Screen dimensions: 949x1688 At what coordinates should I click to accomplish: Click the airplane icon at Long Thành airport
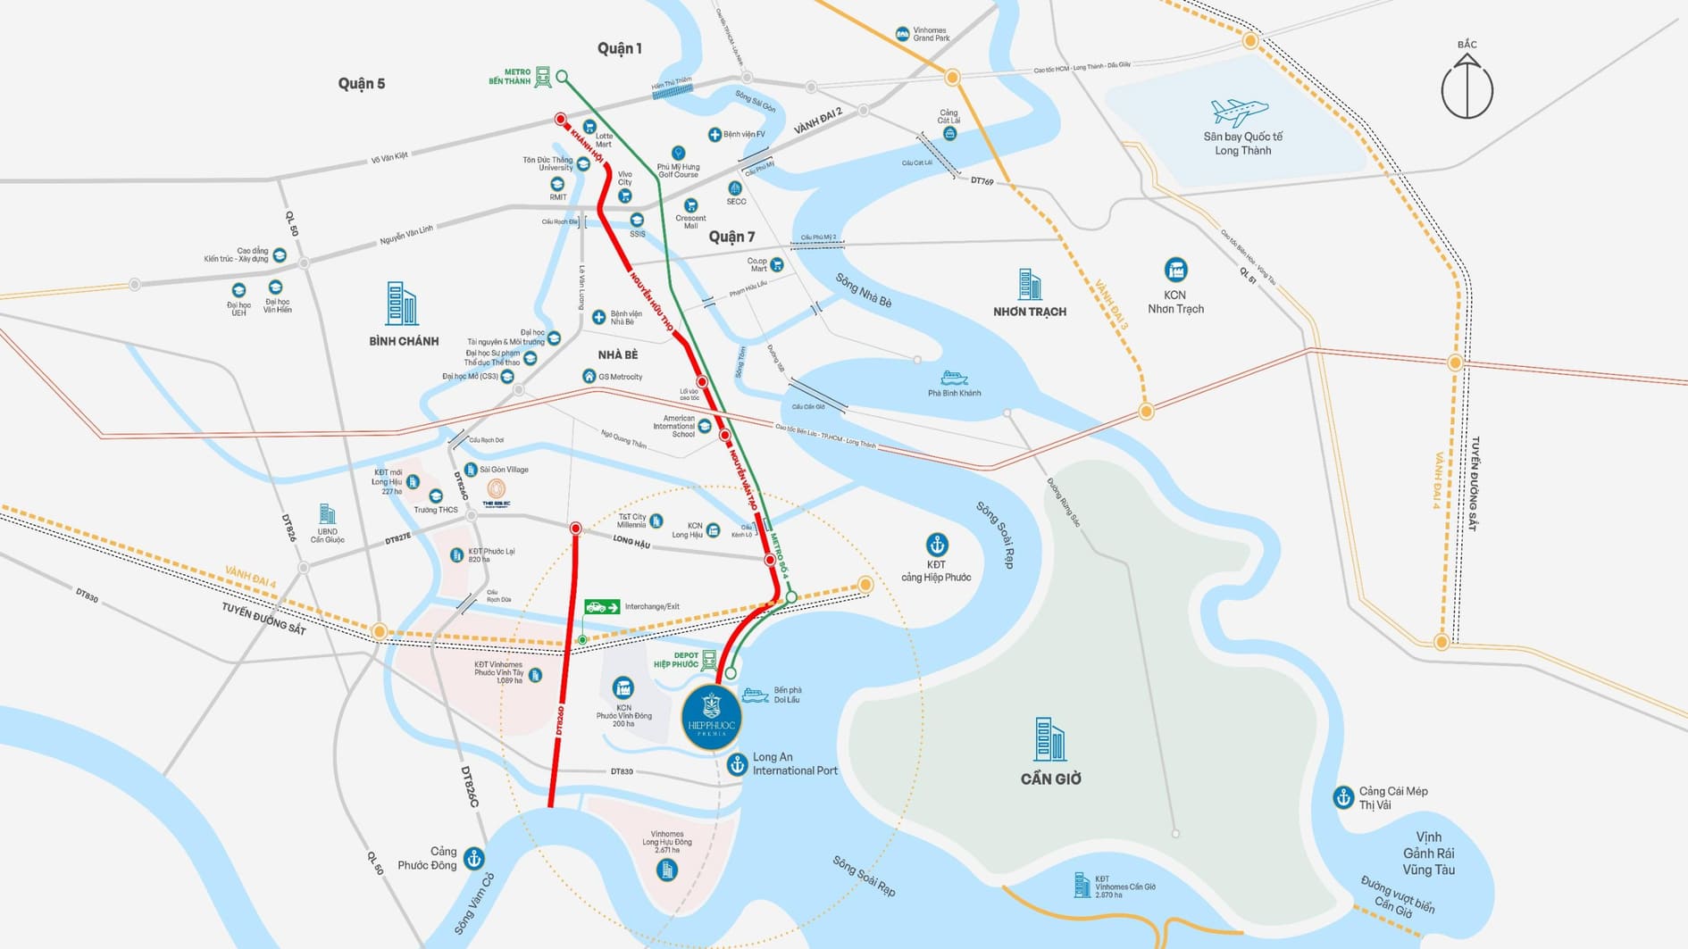click(1239, 112)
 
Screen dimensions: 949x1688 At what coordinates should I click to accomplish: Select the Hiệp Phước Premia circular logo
click(711, 716)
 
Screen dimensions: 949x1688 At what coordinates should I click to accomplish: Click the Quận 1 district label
click(620, 48)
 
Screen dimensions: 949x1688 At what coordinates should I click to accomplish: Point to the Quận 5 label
click(361, 83)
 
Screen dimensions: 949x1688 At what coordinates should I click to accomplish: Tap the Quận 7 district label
click(731, 237)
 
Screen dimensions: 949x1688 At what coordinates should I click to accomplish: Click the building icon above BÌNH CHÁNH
click(401, 304)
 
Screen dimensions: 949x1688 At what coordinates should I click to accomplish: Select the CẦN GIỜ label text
click(1050, 778)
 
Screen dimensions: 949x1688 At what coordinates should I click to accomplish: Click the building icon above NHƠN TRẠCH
click(1029, 284)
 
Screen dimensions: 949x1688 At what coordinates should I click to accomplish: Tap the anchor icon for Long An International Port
click(737, 764)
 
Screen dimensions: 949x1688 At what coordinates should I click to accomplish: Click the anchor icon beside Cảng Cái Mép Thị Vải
click(1343, 797)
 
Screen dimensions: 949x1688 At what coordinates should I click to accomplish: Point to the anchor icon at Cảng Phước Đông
click(474, 859)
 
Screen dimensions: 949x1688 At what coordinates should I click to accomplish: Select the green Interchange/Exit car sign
click(602, 607)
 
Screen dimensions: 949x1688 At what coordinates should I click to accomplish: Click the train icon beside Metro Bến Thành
click(542, 77)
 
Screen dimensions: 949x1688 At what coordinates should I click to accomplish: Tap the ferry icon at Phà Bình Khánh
click(953, 379)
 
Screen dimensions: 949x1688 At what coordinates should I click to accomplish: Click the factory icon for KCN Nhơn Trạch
click(1175, 270)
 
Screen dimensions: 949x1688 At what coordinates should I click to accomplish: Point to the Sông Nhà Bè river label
click(863, 290)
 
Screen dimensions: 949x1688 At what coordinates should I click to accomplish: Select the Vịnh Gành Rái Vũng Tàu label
click(1428, 853)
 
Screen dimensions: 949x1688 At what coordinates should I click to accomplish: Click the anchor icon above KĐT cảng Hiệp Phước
click(936, 544)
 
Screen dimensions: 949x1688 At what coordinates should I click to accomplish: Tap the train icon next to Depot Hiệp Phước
click(709, 660)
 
